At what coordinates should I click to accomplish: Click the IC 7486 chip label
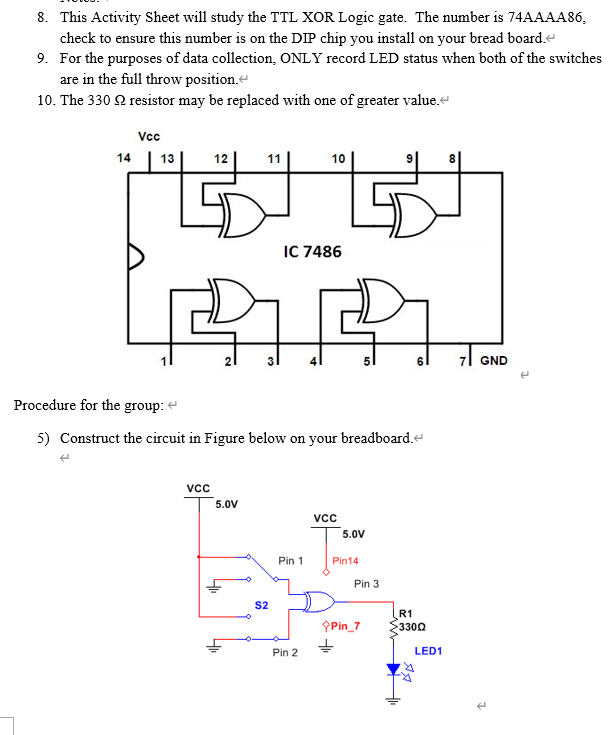click(312, 251)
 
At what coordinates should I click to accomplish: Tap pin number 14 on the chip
click(123, 158)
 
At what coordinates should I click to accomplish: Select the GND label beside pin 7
click(493, 361)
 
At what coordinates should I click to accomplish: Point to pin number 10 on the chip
click(339, 158)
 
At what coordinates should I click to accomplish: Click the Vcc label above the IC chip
click(148, 135)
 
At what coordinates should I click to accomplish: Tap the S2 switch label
click(261, 605)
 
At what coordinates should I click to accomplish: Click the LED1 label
click(428, 651)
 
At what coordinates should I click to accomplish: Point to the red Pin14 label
click(346, 562)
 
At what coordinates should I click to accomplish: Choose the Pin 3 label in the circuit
click(366, 583)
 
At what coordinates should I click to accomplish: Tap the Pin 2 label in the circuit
click(285, 652)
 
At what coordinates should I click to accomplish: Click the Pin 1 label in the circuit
click(290, 561)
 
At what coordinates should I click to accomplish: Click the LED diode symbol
click(395, 669)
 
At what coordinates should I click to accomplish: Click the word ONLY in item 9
click(302, 58)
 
